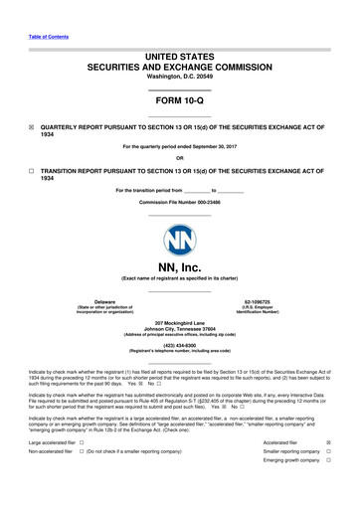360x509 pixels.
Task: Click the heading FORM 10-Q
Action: pyautogui.click(x=179, y=101)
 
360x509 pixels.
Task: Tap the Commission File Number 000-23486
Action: pyautogui.click(x=179, y=202)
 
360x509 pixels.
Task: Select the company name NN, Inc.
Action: pyautogui.click(x=179, y=266)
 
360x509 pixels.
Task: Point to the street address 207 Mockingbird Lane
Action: pyautogui.click(x=179, y=324)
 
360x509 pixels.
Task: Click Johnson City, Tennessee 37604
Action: pyautogui.click(x=179, y=331)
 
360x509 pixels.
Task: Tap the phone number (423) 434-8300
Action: pyautogui.click(x=179, y=347)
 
